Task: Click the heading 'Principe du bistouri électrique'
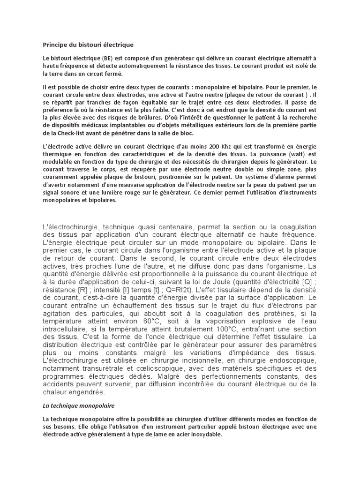88,45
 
